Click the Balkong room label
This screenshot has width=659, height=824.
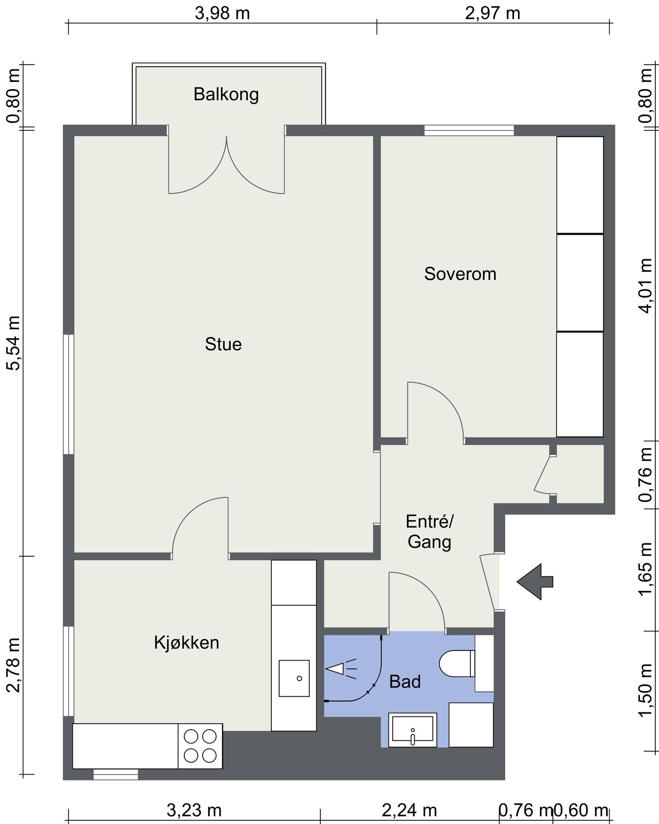[226, 94]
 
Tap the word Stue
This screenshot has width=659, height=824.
[223, 344]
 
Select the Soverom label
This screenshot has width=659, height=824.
[460, 274]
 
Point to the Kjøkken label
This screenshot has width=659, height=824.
[187, 643]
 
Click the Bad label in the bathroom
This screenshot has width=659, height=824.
[405, 682]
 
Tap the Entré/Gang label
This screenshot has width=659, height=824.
[429, 531]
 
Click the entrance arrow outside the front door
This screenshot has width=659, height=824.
[535, 582]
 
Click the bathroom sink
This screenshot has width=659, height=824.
[412, 730]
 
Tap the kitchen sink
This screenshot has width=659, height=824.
[294, 678]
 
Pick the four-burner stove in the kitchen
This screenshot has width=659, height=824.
[200, 746]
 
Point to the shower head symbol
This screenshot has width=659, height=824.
[340, 669]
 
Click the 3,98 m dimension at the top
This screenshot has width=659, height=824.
[222, 13]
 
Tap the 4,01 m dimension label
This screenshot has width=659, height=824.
[646, 286]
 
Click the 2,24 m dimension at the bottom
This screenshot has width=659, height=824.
[409, 810]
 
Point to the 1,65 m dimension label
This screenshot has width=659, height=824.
[646, 569]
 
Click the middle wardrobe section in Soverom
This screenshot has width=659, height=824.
[580, 282]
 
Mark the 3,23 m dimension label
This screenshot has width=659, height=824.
[194, 810]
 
